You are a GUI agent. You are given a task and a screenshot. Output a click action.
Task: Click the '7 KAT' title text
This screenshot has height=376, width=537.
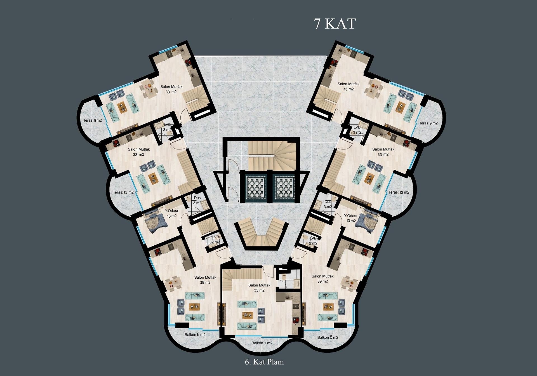tap(335, 24)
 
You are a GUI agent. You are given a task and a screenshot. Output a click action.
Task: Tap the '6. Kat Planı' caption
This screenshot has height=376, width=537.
tap(264, 362)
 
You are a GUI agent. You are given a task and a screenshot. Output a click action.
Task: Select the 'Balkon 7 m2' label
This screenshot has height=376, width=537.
tap(262, 343)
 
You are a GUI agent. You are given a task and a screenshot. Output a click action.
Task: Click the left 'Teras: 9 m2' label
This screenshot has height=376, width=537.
tap(93, 121)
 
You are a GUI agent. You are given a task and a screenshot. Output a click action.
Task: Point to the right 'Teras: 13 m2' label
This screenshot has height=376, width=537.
tap(399, 192)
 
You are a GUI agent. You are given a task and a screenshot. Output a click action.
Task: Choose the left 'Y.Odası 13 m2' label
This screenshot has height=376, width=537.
tap(171, 213)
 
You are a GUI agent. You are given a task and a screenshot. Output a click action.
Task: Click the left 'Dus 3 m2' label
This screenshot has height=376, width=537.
tap(197, 200)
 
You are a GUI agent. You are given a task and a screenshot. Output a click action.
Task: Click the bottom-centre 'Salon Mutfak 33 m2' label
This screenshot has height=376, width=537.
tap(259, 288)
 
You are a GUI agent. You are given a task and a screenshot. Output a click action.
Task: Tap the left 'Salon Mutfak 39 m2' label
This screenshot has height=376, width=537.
tap(205, 280)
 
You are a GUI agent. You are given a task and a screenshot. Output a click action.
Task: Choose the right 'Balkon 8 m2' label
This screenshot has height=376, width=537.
tap(328, 337)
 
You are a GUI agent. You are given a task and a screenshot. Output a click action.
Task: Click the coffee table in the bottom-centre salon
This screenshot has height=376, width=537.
tap(248, 315)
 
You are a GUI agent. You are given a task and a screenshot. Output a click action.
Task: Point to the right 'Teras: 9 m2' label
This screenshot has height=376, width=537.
tap(428, 123)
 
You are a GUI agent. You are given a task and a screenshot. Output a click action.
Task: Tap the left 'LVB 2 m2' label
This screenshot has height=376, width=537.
tap(215, 240)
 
